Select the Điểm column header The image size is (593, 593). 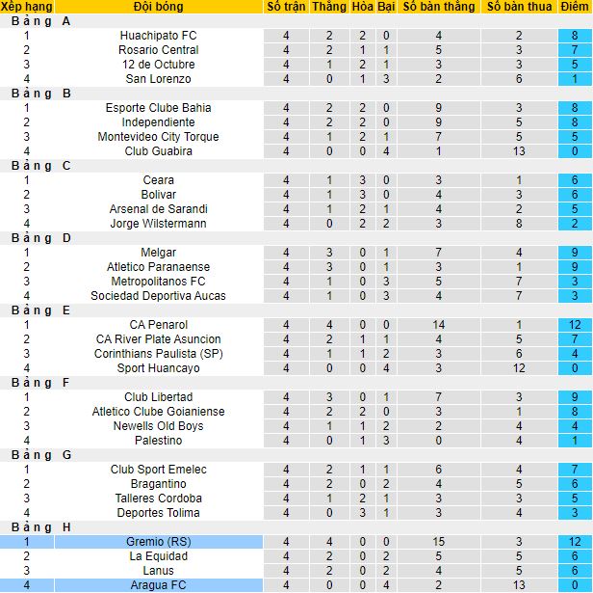(574, 7)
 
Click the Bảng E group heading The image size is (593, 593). (38, 310)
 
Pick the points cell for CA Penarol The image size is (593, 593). (574, 325)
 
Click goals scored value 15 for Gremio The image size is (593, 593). (438, 542)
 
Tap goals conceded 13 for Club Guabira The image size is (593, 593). (518, 151)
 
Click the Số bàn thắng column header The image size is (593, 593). (438, 7)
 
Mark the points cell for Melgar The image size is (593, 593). (574, 253)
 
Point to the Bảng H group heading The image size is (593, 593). (38, 527)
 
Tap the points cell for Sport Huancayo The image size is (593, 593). (574, 368)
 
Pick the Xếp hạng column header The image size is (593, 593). (27, 7)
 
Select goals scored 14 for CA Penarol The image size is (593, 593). (438, 325)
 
